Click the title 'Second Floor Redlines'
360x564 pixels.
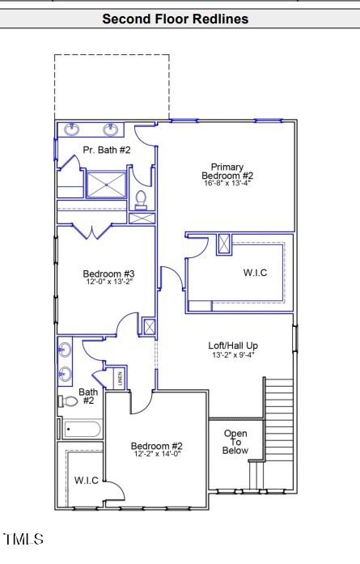coord(175,19)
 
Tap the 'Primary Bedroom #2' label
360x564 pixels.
coord(227,172)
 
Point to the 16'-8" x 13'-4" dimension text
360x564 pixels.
coord(227,184)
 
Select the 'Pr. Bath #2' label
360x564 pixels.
coord(106,150)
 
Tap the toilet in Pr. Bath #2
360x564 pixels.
coord(141,197)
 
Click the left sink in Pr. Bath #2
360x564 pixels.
coord(71,129)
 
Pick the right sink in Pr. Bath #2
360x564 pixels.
coord(110,129)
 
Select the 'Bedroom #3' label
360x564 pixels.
coord(108,274)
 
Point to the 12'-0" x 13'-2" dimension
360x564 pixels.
coord(108,282)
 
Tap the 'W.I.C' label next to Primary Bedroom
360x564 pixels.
coord(255,273)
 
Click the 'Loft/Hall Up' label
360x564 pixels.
coord(234,346)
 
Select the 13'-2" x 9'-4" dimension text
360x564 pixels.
coord(234,354)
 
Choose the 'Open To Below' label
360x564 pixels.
coord(236,442)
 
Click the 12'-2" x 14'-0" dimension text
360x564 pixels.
coord(157,455)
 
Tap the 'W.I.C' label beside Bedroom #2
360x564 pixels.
coord(87,481)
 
